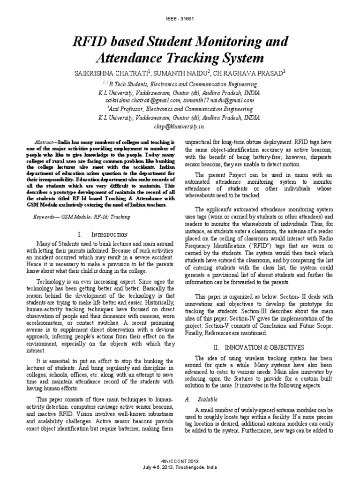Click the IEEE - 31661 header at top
pyautogui.click(x=180, y=19)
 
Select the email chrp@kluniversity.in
pyautogui.click(x=180, y=126)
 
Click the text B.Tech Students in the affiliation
pyautogui.click(x=130, y=84)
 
